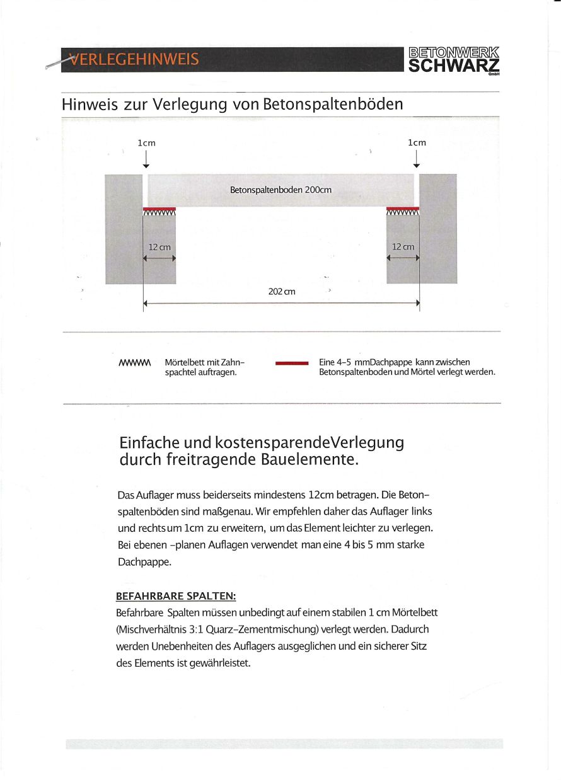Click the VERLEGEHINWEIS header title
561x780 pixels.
click(134, 60)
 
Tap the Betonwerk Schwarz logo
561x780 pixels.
click(454, 60)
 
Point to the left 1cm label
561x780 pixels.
click(146, 143)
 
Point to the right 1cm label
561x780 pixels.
click(417, 142)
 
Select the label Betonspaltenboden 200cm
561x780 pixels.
click(281, 190)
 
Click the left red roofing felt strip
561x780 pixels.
click(159, 209)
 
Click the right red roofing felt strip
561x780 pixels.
click(402, 209)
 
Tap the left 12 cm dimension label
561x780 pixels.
click(159, 247)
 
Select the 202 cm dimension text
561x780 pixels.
click(282, 292)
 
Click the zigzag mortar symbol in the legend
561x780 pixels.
click(135, 363)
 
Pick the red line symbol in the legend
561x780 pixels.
click(292, 364)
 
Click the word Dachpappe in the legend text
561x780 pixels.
click(386, 362)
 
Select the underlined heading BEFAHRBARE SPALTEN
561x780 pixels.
click(176, 596)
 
